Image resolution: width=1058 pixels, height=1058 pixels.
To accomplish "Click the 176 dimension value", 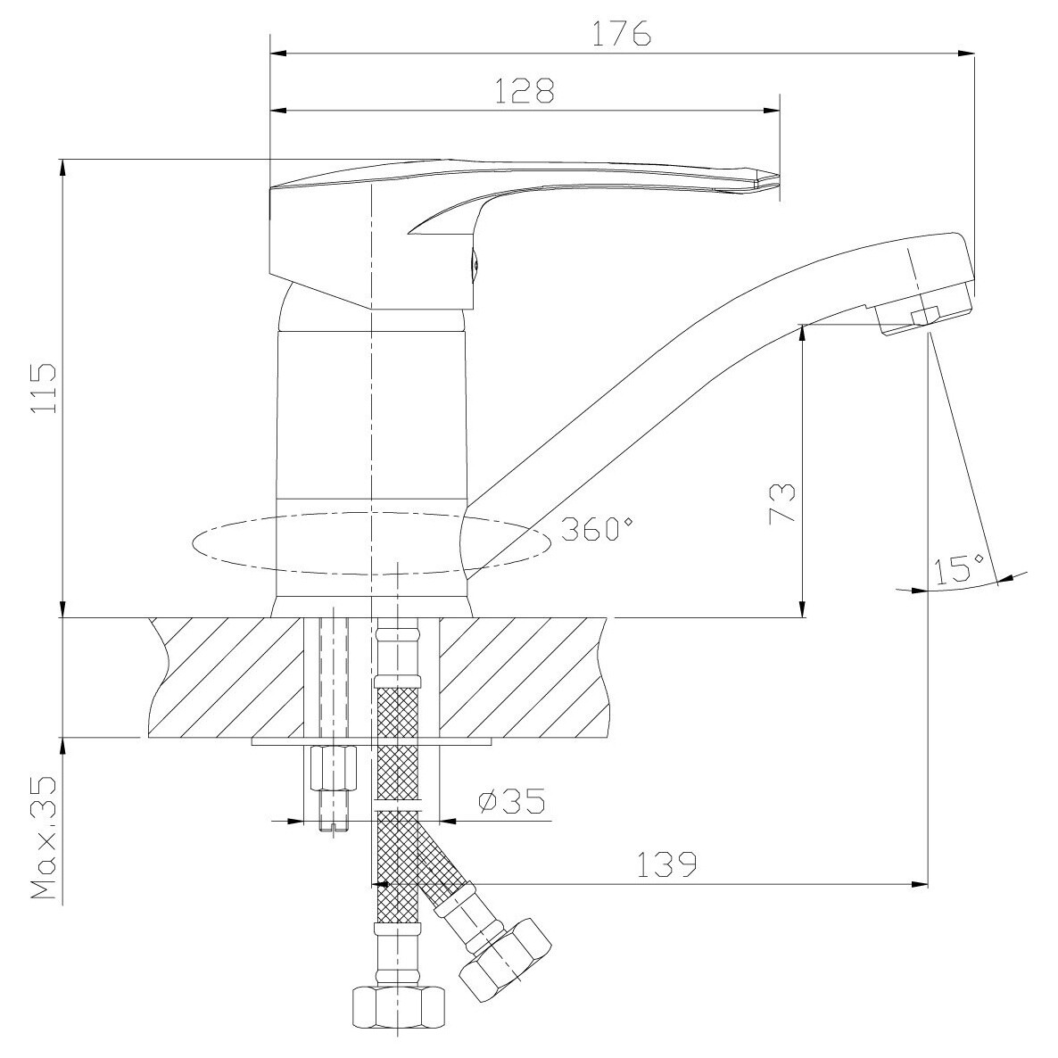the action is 622,33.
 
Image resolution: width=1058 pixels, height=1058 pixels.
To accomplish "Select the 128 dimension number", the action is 525,90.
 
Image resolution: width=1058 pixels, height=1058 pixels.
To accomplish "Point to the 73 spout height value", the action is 781,503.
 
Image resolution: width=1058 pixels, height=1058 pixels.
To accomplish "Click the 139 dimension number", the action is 666,864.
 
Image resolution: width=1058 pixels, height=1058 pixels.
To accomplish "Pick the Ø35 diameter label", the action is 511,801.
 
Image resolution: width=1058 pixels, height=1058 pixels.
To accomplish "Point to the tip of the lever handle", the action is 777,182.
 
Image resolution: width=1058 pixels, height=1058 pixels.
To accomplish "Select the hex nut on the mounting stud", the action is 332,767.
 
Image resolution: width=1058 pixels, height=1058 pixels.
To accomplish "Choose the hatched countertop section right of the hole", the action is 527,677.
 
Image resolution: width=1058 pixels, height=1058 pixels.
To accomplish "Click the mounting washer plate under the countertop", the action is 372,740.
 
